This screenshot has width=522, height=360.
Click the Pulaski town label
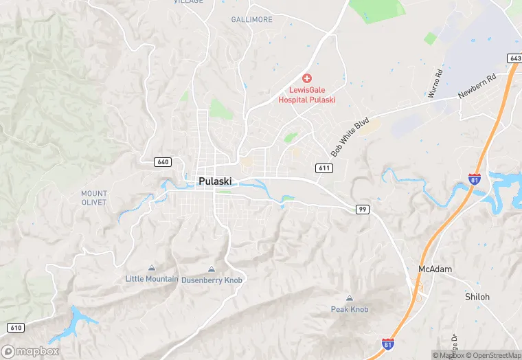215,181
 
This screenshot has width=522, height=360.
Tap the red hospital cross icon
306,80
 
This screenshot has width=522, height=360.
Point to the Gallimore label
251,20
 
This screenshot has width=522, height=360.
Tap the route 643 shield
514,58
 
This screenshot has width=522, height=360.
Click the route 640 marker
163,162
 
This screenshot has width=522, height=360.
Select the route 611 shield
324,168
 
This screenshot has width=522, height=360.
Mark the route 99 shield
363,209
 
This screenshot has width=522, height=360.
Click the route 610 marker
17,327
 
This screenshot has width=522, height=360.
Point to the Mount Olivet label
94,198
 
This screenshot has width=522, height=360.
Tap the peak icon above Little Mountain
152,268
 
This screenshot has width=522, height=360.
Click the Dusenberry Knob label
212,280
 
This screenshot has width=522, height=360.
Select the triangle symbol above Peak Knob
350,298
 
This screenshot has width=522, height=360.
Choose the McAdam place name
435,269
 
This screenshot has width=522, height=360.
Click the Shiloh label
477,297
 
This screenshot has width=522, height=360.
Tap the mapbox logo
31,351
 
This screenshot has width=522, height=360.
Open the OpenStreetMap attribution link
493,355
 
